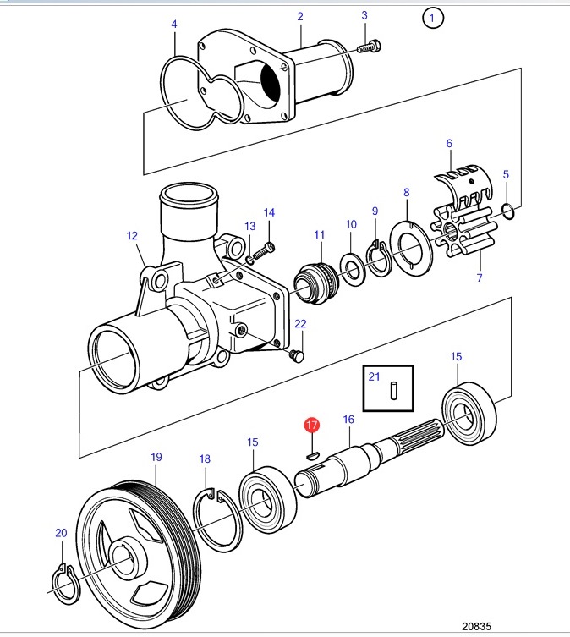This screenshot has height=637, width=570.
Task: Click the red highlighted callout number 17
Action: point(311,425)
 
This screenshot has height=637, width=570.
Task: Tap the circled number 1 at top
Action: point(433,18)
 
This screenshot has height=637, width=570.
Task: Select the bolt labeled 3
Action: point(369,47)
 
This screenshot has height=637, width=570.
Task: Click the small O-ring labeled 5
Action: point(507,211)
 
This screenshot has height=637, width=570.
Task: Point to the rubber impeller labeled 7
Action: point(464,233)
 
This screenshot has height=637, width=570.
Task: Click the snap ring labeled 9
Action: point(379,260)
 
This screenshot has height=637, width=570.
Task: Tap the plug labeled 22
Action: point(297,355)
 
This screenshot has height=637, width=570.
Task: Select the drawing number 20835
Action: point(476,626)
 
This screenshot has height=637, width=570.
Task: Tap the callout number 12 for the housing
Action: point(132,236)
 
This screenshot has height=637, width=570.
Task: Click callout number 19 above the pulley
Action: point(156,457)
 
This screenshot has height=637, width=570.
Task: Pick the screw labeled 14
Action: point(264,251)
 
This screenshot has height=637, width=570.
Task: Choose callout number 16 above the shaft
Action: point(348,420)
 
